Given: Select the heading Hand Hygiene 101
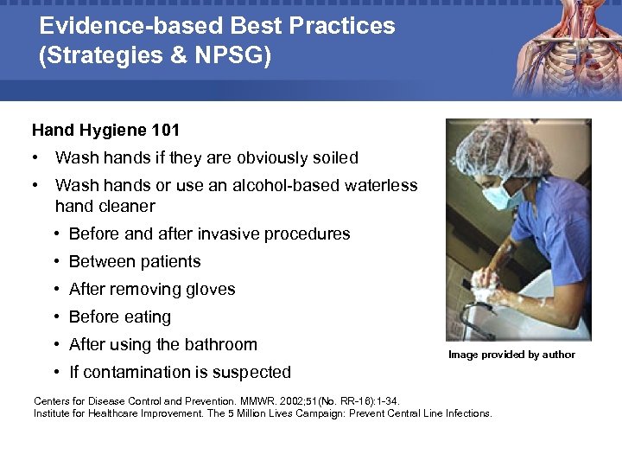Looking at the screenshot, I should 105,131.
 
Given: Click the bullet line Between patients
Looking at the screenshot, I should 134,262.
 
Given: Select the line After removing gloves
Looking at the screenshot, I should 151,290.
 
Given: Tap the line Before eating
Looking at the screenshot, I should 119,317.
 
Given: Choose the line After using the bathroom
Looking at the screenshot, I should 162,345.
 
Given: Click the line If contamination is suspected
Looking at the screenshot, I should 179,373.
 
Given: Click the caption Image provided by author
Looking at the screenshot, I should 511,355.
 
